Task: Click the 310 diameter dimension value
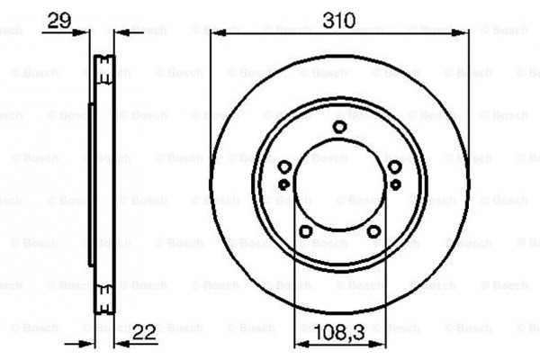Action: (x=339, y=19)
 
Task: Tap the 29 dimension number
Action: (x=58, y=19)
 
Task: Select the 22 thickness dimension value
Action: (x=144, y=332)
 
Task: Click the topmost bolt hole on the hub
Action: (x=339, y=127)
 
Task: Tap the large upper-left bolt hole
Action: (x=284, y=167)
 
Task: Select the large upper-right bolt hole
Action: (x=394, y=167)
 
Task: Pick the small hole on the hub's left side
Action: (x=284, y=184)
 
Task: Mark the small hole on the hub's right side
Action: (x=395, y=184)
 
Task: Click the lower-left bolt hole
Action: (x=305, y=231)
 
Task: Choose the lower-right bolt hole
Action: (x=373, y=231)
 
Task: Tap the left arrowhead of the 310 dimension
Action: (x=216, y=32)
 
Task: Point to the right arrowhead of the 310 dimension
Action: (x=463, y=32)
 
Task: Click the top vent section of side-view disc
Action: (x=103, y=67)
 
